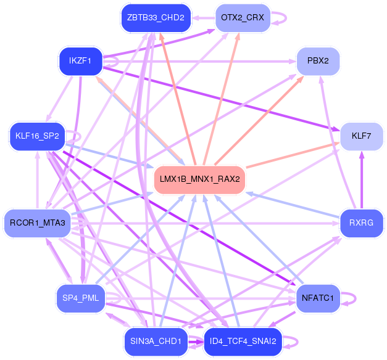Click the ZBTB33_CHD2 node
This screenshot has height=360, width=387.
click(x=156, y=17)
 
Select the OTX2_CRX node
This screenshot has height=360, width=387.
click(x=242, y=17)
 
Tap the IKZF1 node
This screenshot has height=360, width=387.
click(x=80, y=60)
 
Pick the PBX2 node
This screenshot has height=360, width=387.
click(x=318, y=60)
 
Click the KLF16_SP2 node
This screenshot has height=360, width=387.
click(x=38, y=136)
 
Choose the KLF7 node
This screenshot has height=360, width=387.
click(x=361, y=136)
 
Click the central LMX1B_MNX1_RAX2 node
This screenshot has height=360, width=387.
click(x=199, y=179)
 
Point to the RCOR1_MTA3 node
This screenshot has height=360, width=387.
click(x=38, y=223)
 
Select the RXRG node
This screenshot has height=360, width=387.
click(x=361, y=223)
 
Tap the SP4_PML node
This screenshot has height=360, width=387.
click(x=80, y=298)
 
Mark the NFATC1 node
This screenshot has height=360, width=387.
click(x=318, y=298)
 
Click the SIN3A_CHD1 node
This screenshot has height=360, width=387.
click(x=156, y=341)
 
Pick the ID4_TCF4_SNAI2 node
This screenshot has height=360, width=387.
click(x=242, y=341)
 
